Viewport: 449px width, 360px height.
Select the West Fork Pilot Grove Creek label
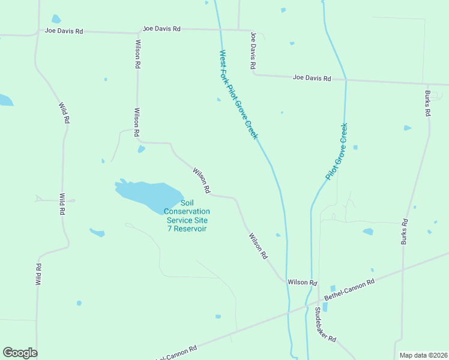[x=238, y=95]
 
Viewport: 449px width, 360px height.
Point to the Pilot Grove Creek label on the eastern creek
[x=337, y=152]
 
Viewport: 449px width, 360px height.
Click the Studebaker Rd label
[x=325, y=324]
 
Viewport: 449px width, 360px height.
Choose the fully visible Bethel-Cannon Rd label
[x=349, y=290]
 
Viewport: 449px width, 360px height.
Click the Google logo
[x=20, y=353]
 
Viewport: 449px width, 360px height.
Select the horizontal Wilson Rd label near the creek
[x=302, y=282]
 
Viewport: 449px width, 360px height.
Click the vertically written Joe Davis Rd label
[x=254, y=50]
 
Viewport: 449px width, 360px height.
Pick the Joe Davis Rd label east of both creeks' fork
[x=312, y=78]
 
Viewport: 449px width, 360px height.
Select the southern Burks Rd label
[x=405, y=231]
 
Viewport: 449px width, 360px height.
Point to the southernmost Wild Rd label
[x=38, y=274]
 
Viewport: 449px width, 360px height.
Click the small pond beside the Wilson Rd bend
[x=141, y=149]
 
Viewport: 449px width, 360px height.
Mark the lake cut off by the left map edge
[x=5, y=100]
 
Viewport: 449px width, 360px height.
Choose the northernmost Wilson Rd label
[x=138, y=53]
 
